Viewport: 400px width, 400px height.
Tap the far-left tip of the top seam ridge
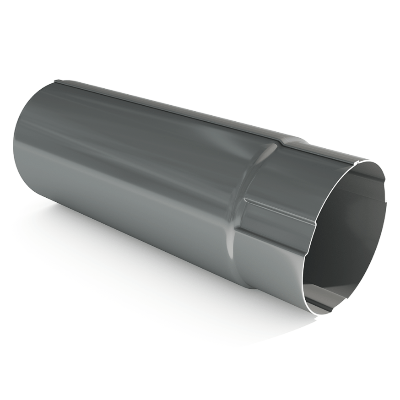click(55, 82)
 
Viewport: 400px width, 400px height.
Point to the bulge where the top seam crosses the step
click(293, 138)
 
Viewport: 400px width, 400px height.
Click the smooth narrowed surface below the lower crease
click(275, 265)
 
